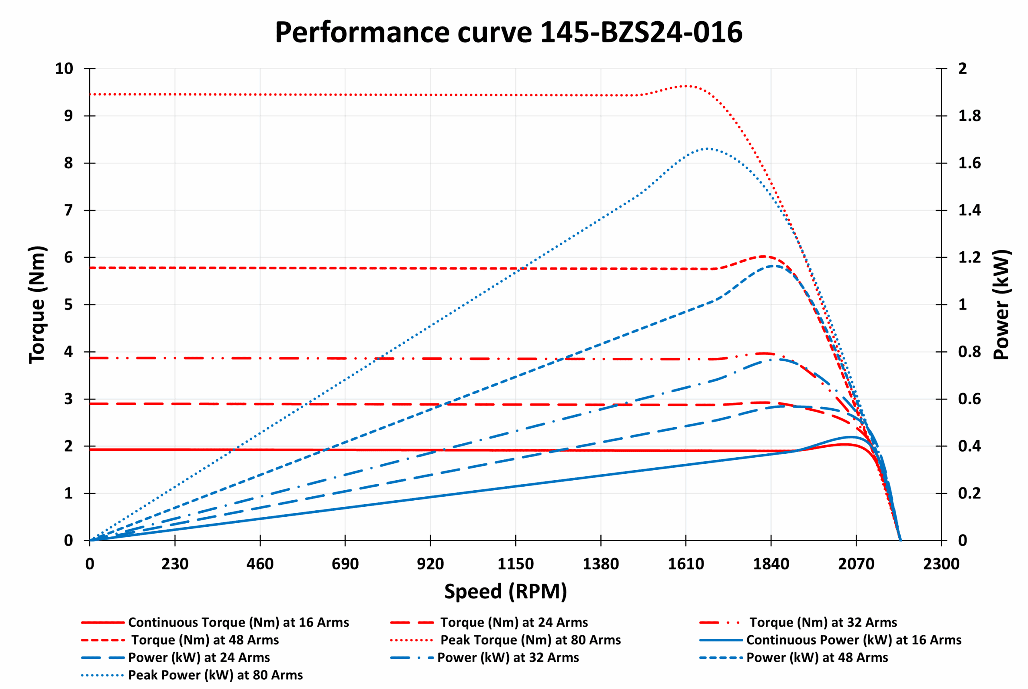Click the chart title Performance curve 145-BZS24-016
[508, 33]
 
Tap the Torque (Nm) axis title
[38, 304]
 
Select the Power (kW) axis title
[1001, 304]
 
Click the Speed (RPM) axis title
[506, 591]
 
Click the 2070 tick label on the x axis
[856, 564]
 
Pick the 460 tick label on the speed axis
[260, 564]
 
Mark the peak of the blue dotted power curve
[707, 149]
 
